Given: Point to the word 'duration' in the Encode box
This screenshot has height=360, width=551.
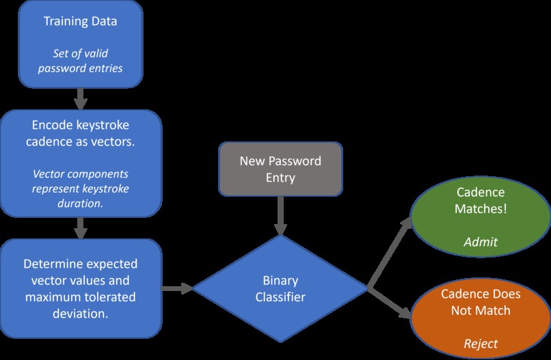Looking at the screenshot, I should (81, 203).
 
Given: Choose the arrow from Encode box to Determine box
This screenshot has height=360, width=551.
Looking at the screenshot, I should (81, 226).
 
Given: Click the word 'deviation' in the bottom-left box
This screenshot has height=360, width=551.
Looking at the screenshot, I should (81, 314).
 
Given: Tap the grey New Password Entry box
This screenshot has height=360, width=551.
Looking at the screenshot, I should (280, 169).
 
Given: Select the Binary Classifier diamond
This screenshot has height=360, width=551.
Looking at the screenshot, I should (280, 290).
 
